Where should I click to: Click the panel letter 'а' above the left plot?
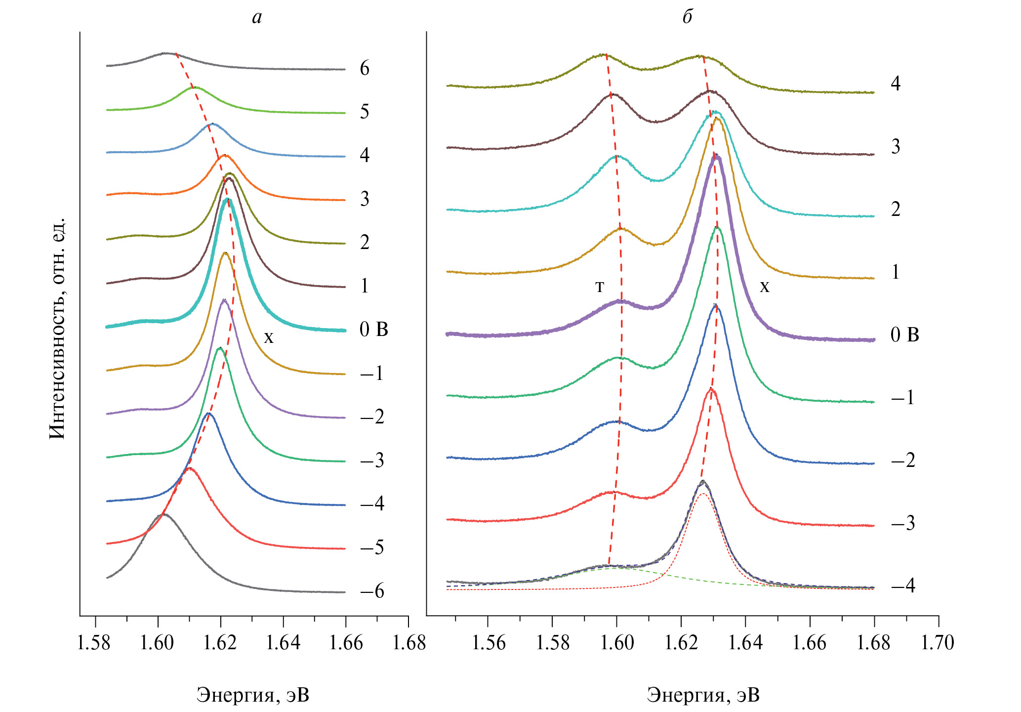click(x=256, y=18)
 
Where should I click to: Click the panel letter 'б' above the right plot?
click(x=687, y=17)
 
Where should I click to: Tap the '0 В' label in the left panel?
click(x=373, y=329)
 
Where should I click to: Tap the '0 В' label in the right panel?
click(x=904, y=335)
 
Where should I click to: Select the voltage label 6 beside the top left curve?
click(x=365, y=68)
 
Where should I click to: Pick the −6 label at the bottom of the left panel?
click(x=372, y=591)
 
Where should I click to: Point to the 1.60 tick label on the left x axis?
click(x=158, y=643)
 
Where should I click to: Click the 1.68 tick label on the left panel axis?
click(x=408, y=643)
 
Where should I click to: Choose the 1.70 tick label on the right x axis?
click(x=938, y=643)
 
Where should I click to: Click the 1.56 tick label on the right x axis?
click(x=488, y=643)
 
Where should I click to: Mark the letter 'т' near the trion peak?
click(x=599, y=287)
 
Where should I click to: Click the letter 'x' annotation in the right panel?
click(x=764, y=287)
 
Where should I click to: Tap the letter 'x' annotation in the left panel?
click(x=268, y=337)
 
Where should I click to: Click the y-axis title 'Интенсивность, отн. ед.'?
click(x=57, y=329)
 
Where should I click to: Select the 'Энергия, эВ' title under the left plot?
click(x=252, y=695)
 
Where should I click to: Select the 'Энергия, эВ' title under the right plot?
click(x=703, y=695)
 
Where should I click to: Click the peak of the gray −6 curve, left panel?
click(x=163, y=514)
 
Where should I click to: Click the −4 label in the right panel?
click(x=903, y=586)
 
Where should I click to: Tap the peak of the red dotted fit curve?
click(x=702, y=494)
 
